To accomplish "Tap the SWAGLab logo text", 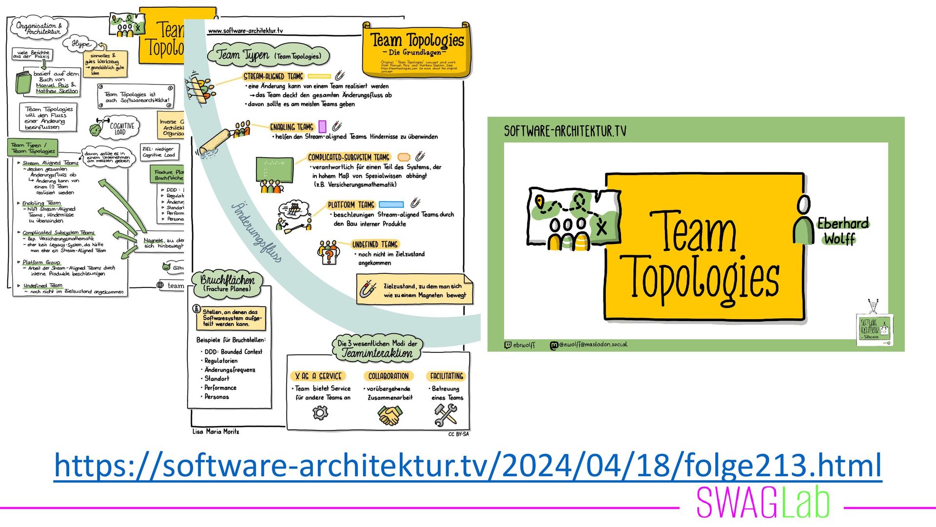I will [763, 503].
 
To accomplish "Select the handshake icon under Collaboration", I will [390, 415].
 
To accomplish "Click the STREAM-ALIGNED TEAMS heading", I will [273, 77].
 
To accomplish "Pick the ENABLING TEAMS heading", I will [292, 127].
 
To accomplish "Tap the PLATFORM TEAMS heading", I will [351, 205].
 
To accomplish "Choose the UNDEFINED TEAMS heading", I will [375, 244].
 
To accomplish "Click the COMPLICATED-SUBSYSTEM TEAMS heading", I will [349, 158].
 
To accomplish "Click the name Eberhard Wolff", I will [842, 231].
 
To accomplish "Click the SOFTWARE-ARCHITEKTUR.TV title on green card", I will [565, 131].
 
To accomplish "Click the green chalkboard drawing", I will [274, 169].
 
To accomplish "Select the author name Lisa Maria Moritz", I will [215, 431].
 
